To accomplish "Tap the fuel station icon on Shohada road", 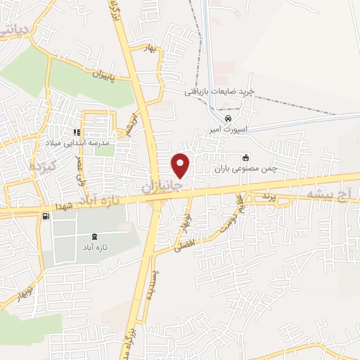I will tap(46, 217).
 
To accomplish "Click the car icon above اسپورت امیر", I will tap(226, 120).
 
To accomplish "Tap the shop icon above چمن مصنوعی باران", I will tap(245, 157).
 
